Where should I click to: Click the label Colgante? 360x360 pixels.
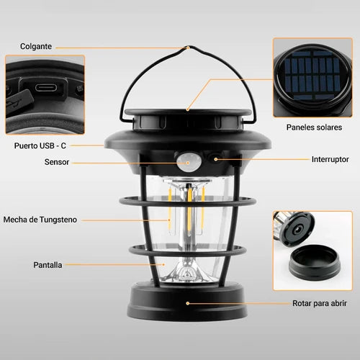[x=36, y=46]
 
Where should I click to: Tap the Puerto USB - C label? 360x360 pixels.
[x=40, y=145]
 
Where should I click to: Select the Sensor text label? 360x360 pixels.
[x=57, y=162]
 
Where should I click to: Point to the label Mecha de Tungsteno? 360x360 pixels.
[x=40, y=220]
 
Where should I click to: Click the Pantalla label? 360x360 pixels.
[x=48, y=265]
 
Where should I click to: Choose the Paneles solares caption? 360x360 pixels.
[x=314, y=127]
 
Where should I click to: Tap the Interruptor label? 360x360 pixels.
[x=330, y=159]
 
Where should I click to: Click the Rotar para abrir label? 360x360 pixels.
[x=320, y=303]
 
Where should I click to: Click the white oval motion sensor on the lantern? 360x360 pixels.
[x=188, y=163]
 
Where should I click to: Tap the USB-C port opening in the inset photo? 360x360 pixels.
[x=46, y=87]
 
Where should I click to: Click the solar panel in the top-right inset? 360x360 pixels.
[x=312, y=75]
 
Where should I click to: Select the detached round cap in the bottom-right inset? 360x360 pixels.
[x=315, y=262]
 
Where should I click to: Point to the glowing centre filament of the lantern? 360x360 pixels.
[x=189, y=209]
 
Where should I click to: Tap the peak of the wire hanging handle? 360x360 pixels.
[x=189, y=47]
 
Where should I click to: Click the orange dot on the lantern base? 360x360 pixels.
[x=188, y=303]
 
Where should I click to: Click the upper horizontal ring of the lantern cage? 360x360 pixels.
[x=188, y=201]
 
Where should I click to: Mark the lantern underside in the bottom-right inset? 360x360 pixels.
[x=295, y=228]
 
